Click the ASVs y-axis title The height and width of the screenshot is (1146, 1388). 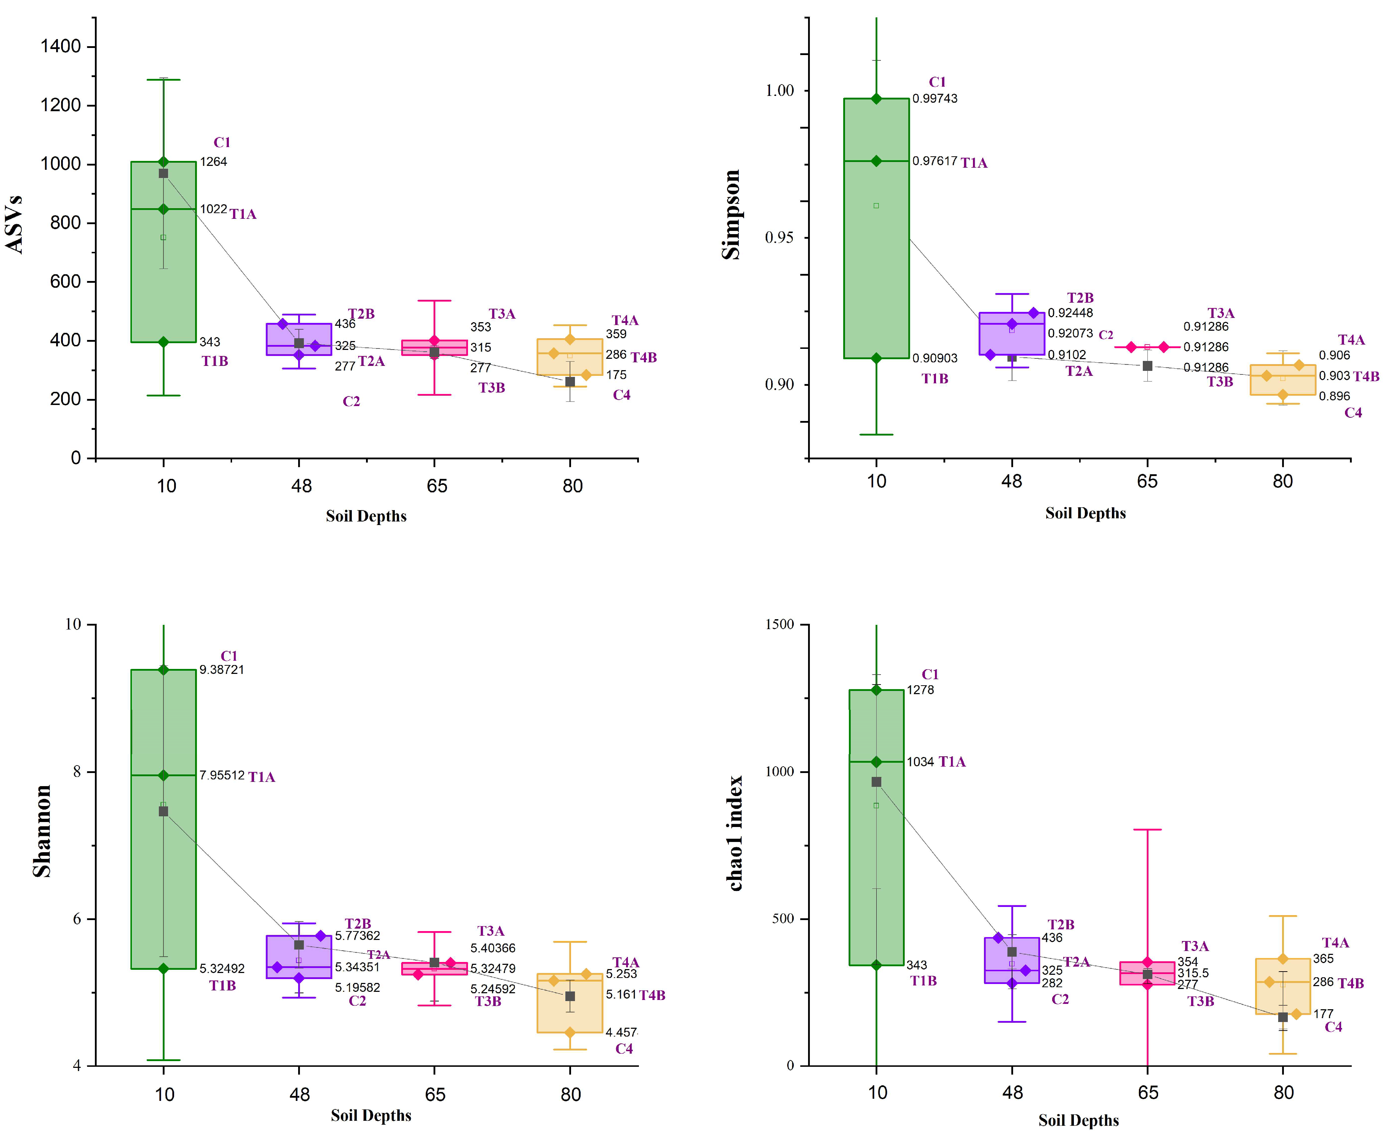point(15,225)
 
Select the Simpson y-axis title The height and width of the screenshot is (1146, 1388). point(731,215)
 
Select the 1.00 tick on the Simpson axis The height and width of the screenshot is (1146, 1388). point(779,91)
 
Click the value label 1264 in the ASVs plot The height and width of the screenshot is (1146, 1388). point(213,162)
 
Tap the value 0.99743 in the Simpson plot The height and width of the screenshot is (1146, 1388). point(934,98)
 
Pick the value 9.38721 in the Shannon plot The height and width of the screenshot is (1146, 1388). point(222,669)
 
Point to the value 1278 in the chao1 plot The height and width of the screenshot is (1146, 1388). point(920,690)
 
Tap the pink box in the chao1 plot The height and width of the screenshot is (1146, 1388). point(1147,973)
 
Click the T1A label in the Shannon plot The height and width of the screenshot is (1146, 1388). point(262,777)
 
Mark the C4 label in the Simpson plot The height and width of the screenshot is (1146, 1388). point(1353,412)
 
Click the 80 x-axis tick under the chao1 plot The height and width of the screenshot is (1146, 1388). point(1283,1092)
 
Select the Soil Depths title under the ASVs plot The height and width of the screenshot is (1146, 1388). point(366,516)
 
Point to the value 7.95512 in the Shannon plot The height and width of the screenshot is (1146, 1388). point(222,775)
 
